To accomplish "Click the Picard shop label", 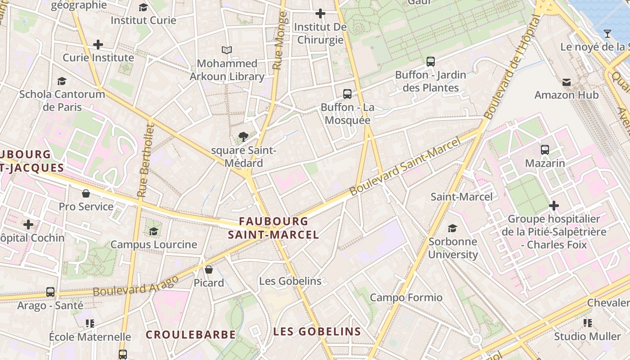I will pyautogui.click(x=209, y=283).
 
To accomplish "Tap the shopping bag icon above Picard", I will pyautogui.click(x=209, y=270).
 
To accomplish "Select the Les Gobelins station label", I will pyautogui.click(x=290, y=281).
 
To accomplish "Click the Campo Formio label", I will pyautogui.click(x=406, y=297).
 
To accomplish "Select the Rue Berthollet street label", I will pyautogui.click(x=145, y=161).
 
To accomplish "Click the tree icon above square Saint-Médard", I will pyautogui.click(x=243, y=136).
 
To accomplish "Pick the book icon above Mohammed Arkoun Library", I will pyautogui.click(x=227, y=50).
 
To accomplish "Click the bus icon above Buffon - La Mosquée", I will pyautogui.click(x=347, y=94).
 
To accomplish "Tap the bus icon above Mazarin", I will pyautogui.click(x=545, y=149).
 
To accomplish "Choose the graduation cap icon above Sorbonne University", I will pyautogui.click(x=452, y=228).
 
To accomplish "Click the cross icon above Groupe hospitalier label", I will pyautogui.click(x=554, y=206).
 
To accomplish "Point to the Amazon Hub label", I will pyautogui.click(x=567, y=95).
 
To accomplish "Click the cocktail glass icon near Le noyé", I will pyautogui.click(x=607, y=34).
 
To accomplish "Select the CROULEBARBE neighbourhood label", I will pyautogui.click(x=191, y=335).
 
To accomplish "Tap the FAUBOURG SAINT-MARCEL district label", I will pyautogui.click(x=274, y=228).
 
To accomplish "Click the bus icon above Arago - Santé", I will pyautogui.click(x=50, y=292).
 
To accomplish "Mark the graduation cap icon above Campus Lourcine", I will pyautogui.click(x=153, y=231).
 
